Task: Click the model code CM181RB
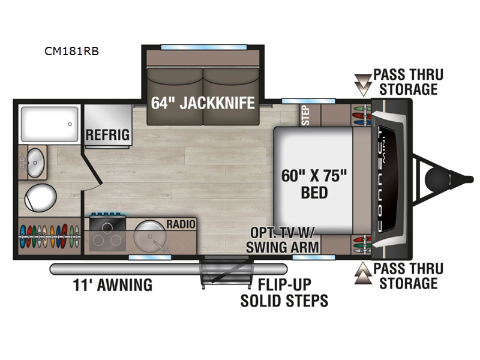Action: [x=71, y=51]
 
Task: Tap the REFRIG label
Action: [x=107, y=134]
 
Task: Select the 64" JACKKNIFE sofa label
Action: [x=203, y=103]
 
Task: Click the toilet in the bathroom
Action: [x=40, y=198]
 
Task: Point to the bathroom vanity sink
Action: [x=35, y=163]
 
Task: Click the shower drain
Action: [x=70, y=124]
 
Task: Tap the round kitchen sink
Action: [x=150, y=236]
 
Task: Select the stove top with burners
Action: [x=107, y=233]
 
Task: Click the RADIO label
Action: [x=181, y=224]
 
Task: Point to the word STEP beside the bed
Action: [x=305, y=115]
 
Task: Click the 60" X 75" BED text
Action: [x=314, y=184]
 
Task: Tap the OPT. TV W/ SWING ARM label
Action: [x=282, y=240]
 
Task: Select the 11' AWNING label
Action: [x=113, y=284]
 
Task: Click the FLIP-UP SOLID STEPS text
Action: [x=284, y=293]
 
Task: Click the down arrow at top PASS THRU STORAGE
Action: [x=363, y=85]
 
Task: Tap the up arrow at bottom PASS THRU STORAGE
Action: [x=363, y=273]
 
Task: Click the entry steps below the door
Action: [x=226, y=272]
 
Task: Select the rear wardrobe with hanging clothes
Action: [x=49, y=236]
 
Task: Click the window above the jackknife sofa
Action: [x=203, y=47]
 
